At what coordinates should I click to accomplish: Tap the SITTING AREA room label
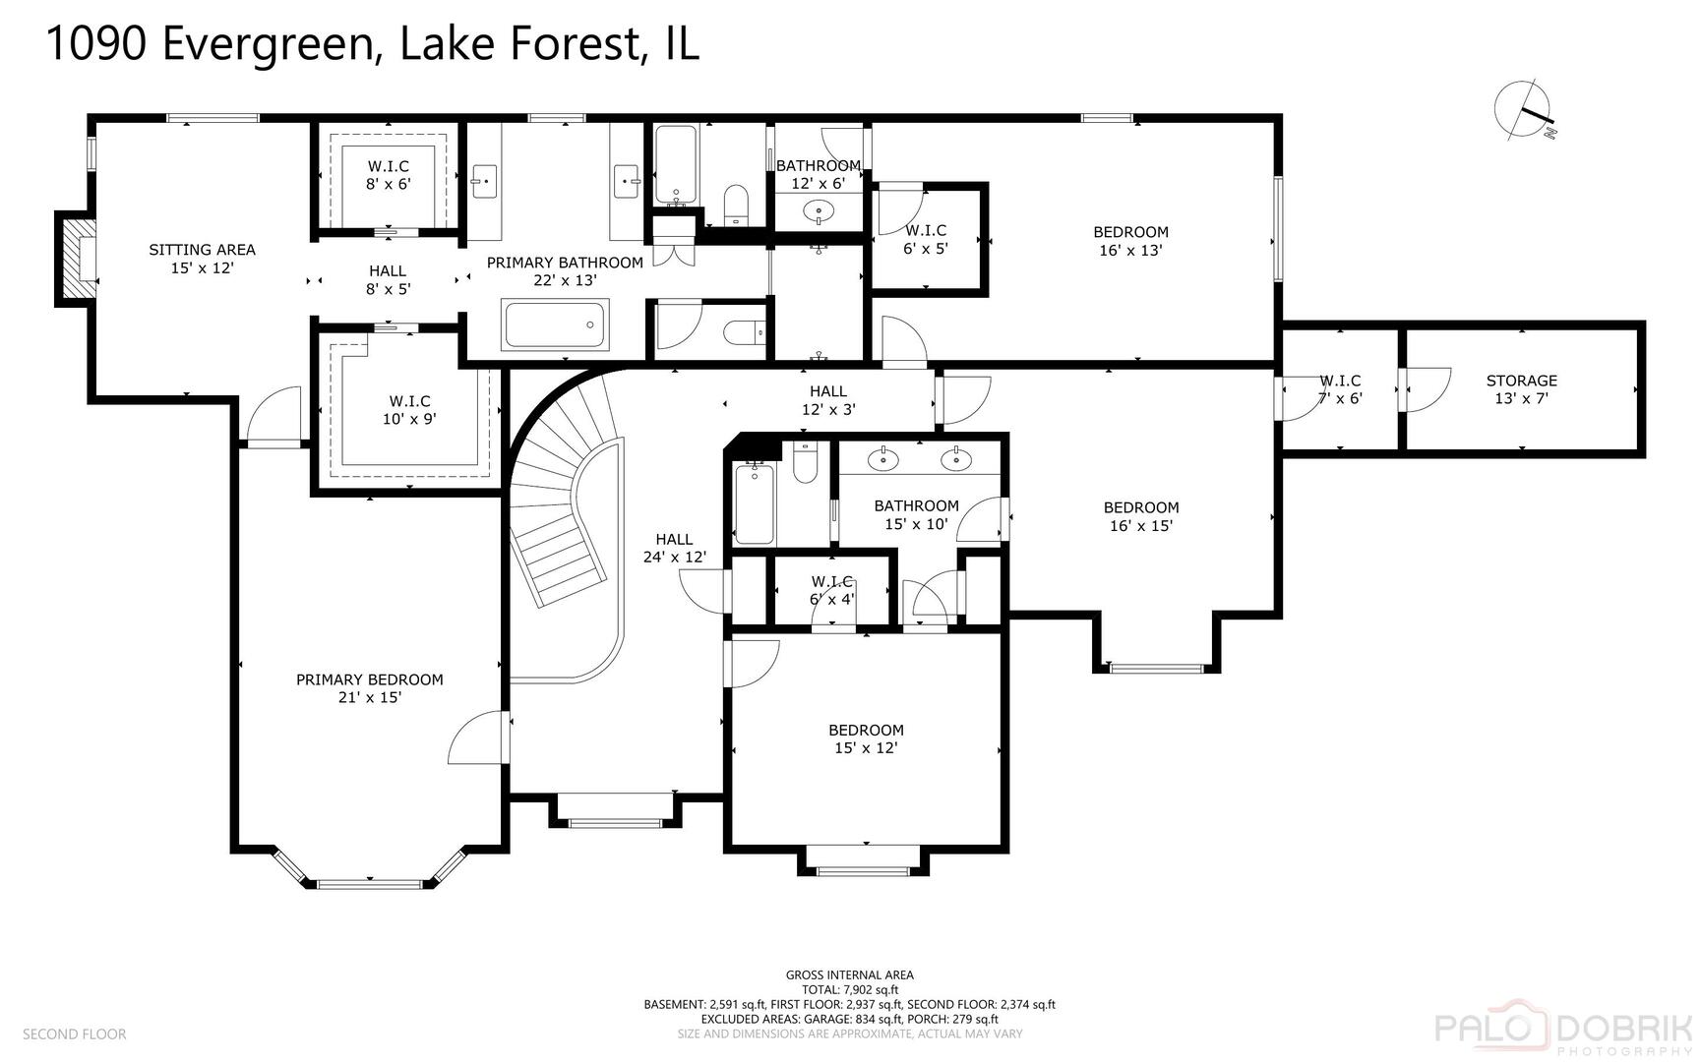[202, 259]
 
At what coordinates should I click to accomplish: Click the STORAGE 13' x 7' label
[1521, 389]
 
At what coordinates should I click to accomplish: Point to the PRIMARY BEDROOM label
[369, 688]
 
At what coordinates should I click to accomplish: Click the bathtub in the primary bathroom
[555, 324]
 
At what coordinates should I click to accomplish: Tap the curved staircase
[566, 511]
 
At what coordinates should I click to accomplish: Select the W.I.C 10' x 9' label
[409, 409]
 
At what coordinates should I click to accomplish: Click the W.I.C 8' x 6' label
[388, 175]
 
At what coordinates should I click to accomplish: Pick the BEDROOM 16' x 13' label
[1130, 241]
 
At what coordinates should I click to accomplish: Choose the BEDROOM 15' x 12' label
[866, 738]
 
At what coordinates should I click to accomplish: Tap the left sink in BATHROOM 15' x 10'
[884, 458]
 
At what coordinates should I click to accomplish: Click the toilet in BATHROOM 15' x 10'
[805, 465]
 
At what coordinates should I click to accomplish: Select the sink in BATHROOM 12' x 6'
[819, 210]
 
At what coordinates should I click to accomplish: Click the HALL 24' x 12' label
[674, 548]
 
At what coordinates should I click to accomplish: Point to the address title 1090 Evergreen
[372, 44]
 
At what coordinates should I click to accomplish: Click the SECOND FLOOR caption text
[75, 1033]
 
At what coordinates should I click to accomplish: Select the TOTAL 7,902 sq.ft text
[849, 990]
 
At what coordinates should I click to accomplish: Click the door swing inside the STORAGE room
[1427, 388]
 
